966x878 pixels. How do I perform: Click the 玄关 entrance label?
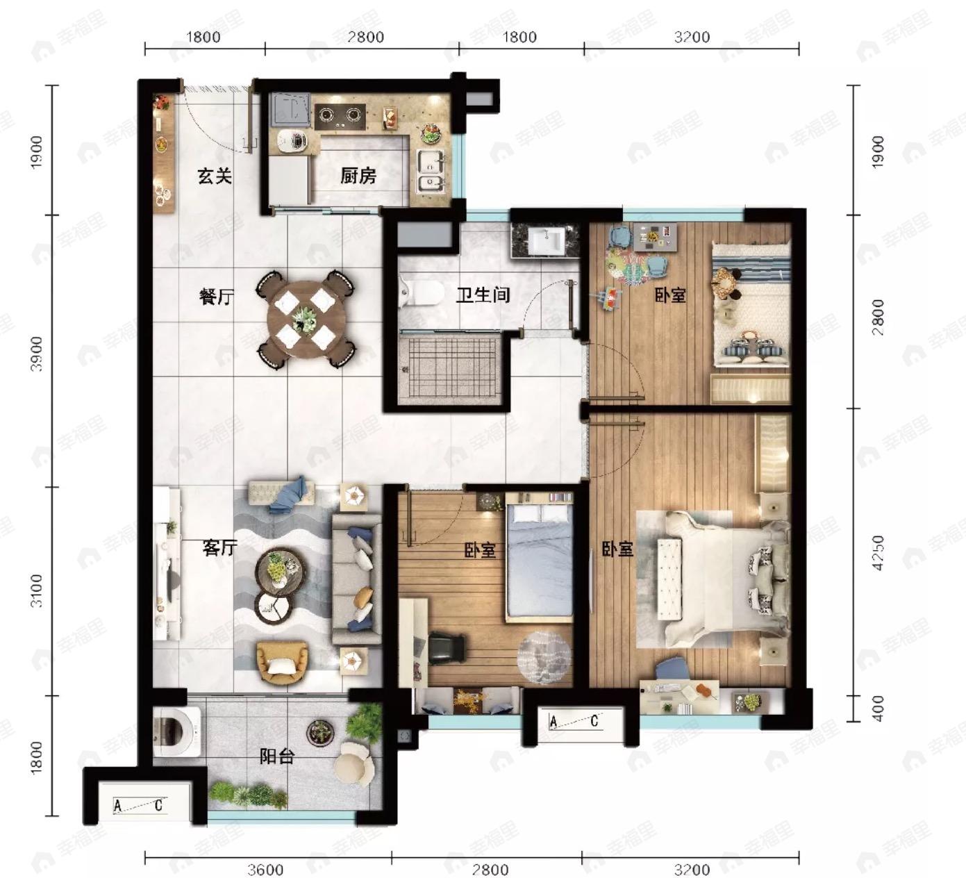pyautogui.click(x=215, y=176)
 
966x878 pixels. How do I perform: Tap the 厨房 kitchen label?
pyautogui.click(x=358, y=176)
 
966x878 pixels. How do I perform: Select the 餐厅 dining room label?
pyautogui.click(x=216, y=297)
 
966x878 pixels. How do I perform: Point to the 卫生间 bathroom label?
pyautogui.click(x=483, y=295)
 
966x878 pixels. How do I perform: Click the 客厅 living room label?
pyautogui.click(x=219, y=548)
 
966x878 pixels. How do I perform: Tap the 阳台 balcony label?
pyautogui.click(x=276, y=756)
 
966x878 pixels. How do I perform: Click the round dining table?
pyautogui.click(x=306, y=319)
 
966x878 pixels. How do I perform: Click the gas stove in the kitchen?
pyautogui.click(x=340, y=116)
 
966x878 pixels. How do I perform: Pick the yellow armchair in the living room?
pyautogui.click(x=283, y=663)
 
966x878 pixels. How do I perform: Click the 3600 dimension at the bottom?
pyautogui.click(x=265, y=870)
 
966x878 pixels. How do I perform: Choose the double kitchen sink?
pyautogui.click(x=431, y=170)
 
